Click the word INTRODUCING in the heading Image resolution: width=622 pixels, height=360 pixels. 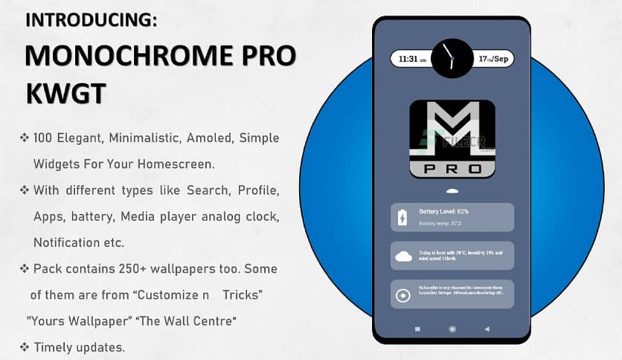[92, 20]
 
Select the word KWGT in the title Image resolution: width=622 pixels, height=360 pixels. [65, 94]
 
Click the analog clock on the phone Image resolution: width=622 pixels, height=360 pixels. [452, 57]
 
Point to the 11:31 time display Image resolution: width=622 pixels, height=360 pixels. [412, 60]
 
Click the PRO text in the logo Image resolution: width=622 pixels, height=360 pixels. [452, 170]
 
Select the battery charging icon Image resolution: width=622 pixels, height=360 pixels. [402, 218]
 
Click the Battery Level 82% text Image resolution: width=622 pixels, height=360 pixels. [444, 211]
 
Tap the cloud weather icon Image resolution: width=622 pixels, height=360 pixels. [403, 257]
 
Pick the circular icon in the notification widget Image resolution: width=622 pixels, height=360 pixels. [403, 295]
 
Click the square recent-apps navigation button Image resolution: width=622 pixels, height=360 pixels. [417, 329]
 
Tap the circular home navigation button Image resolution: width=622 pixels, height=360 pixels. [452, 329]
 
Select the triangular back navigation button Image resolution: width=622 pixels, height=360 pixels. [487, 329]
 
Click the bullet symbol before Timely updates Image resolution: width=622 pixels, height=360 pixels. [25, 347]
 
